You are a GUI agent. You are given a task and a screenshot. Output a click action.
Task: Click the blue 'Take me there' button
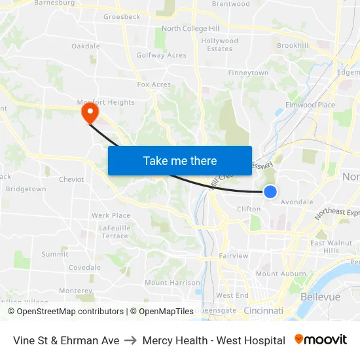click(x=179, y=160)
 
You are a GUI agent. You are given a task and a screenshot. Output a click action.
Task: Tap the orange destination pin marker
click(x=88, y=113)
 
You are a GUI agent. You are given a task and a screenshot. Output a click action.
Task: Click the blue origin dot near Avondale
click(x=270, y=191)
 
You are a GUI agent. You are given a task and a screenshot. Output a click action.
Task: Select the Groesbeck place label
click(x=122, y=17)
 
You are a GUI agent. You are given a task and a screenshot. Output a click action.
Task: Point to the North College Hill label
click(x=190, y=28)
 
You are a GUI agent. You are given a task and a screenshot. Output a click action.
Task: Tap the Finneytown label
click(x=248, y=73)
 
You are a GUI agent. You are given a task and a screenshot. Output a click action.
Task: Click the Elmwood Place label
click(x=310, y=105)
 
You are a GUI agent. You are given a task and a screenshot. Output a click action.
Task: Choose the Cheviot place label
click(x=71, y=179)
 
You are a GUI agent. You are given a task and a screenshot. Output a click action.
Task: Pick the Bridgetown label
click(x=26, y=189)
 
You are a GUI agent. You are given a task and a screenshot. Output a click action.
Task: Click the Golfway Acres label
click(x=161, y=55)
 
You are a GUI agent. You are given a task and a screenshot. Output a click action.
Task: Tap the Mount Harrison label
click(x=172, y=283)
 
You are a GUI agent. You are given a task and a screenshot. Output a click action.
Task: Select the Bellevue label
click(x=320, y=297)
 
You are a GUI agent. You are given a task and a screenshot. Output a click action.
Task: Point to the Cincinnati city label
click(x=262, y=310)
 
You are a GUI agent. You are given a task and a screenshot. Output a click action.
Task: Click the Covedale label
click(x=84, y=268)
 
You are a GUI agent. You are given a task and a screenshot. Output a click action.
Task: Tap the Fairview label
click(x=234, y=256)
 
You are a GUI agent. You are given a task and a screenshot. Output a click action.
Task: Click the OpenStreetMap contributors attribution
click(x=69, y=312)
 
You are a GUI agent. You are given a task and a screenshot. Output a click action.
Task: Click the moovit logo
click(x=320, y=340)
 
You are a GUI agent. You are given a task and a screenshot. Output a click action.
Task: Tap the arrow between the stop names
click(x=131, y=340)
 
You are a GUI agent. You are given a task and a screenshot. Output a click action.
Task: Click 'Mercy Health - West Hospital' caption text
click(x=213, y=340)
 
